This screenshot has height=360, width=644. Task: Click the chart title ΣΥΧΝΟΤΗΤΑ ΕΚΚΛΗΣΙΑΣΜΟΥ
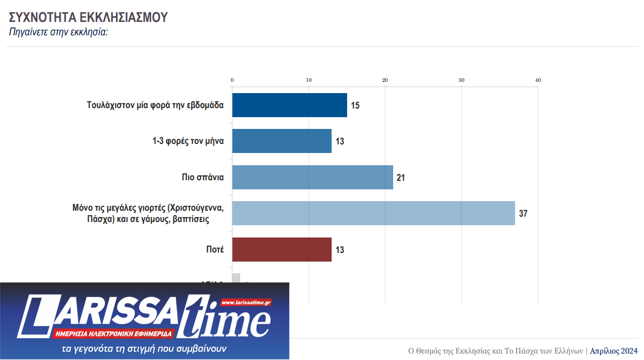[x=88, y=17]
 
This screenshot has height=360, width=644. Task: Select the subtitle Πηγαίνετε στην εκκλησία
[x=59, y=32]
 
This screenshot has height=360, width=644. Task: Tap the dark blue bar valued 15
[x=289, y=105]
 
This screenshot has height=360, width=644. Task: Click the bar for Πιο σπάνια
[x=312, y=177]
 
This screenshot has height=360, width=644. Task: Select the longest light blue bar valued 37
[x=373, y=213]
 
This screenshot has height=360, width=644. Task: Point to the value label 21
[x=401, y=178]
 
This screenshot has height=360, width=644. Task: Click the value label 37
[x=523, y=213]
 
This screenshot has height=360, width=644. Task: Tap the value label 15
[x=355, y=105]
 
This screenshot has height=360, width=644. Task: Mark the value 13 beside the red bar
[x=340, y=250]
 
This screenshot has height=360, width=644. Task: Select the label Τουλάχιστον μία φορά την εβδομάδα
[x=155, y=105]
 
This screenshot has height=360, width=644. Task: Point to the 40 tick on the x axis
[x=538, y=80]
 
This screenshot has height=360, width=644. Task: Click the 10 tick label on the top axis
[x=309, y=80]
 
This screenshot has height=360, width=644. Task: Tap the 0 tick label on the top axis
[x=232, y=80]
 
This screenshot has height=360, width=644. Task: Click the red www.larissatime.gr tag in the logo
[x=246, y=302]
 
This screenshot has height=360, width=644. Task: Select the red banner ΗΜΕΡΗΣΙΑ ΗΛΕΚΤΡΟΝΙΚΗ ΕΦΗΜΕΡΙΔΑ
[x=113, y=333]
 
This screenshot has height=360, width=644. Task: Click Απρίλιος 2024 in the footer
[x=614, y=351]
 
